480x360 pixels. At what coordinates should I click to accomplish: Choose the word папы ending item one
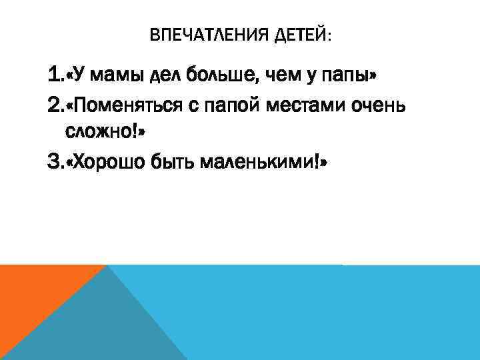(346, 76)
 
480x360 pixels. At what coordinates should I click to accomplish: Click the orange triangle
(33, 293)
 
